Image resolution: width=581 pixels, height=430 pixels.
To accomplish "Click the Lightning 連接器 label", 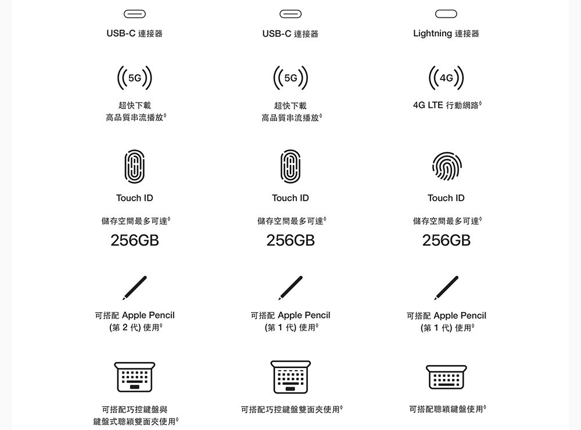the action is tap(446, 34).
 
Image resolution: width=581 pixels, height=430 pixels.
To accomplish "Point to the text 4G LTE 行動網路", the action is tap(447, 105).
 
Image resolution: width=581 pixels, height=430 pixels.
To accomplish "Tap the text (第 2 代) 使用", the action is tap(135, 327).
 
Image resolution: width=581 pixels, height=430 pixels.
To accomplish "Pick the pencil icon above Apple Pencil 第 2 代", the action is tap(135, 288).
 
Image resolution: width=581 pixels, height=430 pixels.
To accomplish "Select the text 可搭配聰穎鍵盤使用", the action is tap(447, 409).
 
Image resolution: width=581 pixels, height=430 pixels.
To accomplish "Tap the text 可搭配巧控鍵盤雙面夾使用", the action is tap(291, 409).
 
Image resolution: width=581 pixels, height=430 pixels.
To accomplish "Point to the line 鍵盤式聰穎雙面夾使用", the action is tap(135, 421).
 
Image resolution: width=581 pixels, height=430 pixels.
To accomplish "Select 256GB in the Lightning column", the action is tap(446, 241).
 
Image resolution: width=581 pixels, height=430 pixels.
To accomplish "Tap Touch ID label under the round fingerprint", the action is tap(446, 198).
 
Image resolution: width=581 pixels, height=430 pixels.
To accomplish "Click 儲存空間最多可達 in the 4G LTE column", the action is tap(447, 221).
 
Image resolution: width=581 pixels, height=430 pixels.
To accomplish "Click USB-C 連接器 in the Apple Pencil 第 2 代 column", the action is tap(135, 34).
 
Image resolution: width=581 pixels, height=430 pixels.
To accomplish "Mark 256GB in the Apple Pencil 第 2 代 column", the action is tap(135, 241).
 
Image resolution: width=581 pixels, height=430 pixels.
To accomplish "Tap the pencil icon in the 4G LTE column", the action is tap(446, 288).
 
